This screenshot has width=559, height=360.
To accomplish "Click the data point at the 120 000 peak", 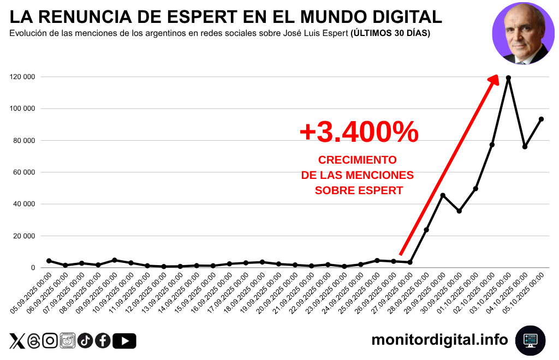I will click(x=508, y=78).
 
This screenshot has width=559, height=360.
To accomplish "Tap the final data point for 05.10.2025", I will click(x=541, y=119).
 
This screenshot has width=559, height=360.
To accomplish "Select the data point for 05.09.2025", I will click(x=49, y=261).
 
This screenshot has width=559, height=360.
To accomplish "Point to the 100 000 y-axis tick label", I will click(x=22, y=109).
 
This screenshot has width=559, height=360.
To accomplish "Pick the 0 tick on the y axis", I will click(x=33, y=268).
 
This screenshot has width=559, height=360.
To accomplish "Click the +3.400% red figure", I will click(x=359, y=133).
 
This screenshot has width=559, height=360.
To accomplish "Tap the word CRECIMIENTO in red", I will click(x=358, y=160).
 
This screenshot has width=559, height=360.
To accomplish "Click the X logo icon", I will click(x=17, y=341).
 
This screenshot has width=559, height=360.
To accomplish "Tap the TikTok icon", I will click(x=85, y=341).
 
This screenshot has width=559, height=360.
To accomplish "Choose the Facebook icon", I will click(x=103, y=341).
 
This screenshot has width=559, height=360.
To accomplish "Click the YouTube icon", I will click(x=124, y=341).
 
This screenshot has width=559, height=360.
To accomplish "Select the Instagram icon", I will click(x=50, y=341).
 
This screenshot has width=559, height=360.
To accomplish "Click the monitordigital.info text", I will click(x=439, y=340).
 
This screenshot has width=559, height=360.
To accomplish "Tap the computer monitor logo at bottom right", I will click(x=530, y=340).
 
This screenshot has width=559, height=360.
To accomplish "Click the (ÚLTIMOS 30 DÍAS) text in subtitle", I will click(x=390, y=33).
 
